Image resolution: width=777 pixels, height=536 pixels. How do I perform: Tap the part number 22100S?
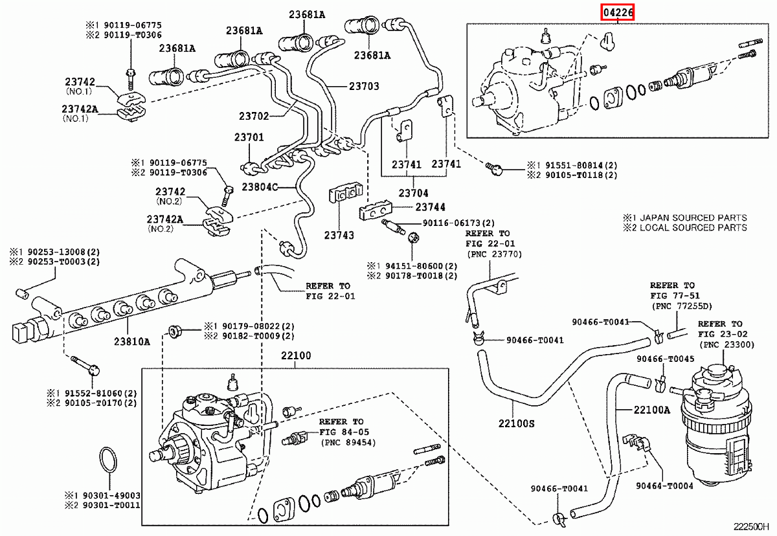516,423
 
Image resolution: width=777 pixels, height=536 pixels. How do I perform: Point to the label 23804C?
259,187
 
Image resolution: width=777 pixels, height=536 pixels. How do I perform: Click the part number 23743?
339,236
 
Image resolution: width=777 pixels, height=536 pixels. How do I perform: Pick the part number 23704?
414,193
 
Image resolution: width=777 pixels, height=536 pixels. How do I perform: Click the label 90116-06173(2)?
458,223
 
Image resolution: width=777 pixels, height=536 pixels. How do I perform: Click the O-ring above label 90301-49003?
107,461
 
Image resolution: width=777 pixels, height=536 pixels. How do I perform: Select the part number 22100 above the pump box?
296,356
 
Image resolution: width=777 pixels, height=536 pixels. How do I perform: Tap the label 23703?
364,86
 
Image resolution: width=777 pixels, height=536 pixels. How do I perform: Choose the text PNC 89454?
348,442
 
